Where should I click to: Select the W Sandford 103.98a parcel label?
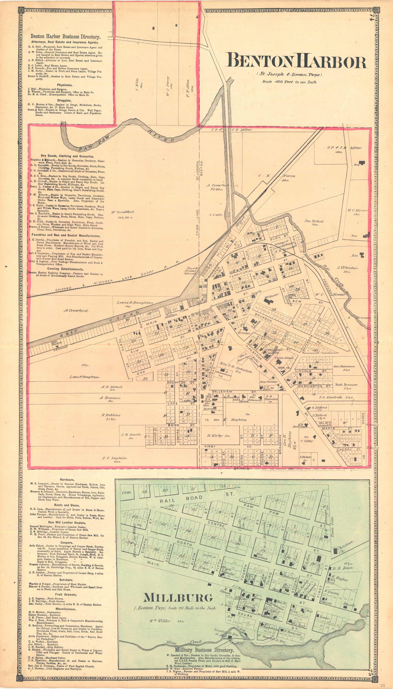(123, 214)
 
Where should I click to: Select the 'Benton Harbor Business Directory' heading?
(65, 37)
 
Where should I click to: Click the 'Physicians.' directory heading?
(65, 85)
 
